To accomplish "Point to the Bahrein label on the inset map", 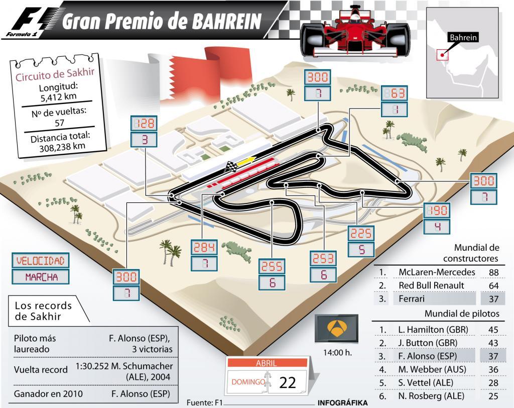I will (462, 37).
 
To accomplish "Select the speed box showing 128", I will (144, 123).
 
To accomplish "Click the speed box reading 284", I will (204, 247).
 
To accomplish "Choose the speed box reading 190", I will (437, 210).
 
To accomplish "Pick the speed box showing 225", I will (361, 233).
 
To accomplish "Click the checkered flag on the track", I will (231, 167).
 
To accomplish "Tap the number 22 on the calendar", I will (288, 382).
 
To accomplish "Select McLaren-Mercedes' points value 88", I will (493, 272).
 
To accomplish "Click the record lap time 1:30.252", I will (95, 366).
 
